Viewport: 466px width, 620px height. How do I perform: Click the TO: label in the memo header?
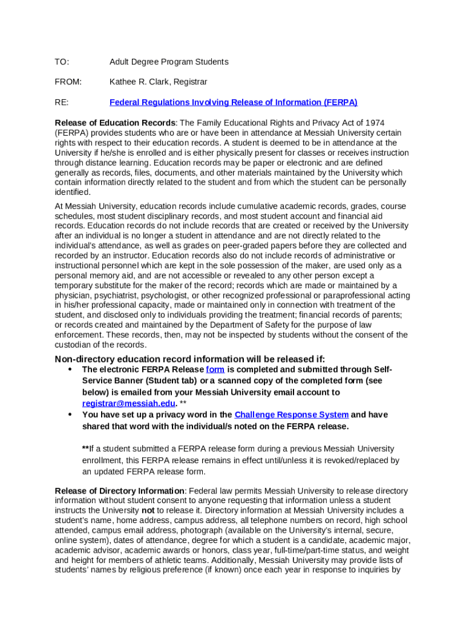tap(62, 62)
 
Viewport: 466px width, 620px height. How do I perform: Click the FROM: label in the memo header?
tap(68, 82)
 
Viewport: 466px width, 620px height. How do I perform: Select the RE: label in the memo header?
tap(62, 102)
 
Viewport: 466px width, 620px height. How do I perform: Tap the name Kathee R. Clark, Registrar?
tap(158, 82)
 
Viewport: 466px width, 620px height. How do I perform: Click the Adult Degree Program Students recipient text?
tap(169, 62)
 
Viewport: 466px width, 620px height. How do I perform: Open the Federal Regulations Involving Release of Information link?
tap(233, 102)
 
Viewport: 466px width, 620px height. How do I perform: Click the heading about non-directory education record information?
tap(190, 359)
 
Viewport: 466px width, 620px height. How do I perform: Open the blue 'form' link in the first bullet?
tap(215, 369)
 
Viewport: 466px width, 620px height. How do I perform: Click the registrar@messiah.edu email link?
tap(129, 403)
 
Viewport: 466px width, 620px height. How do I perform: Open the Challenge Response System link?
tap(291, 415)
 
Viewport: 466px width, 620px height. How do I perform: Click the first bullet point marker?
tap(70, 369)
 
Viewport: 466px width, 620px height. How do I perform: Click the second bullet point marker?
tap(70, 415)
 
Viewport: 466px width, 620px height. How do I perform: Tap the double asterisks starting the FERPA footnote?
tap(85, 449)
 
